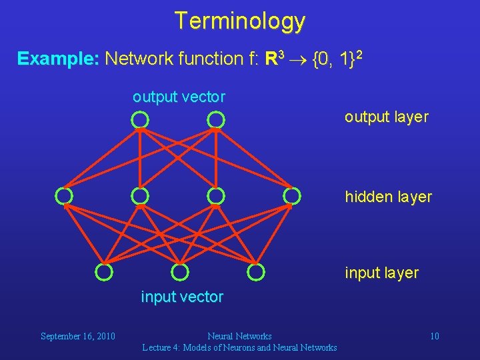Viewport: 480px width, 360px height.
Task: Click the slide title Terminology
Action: (x=240, y=21)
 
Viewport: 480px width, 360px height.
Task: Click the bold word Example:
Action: (x=59, y=59)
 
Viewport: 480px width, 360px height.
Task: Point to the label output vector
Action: (x=179, y=97)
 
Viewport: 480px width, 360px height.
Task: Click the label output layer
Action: (x=386, y=117)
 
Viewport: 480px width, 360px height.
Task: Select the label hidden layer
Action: (x=388, y=197)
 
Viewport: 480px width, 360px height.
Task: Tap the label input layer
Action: (x=381, y=273)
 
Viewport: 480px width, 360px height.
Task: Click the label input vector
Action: (x=182, y=297)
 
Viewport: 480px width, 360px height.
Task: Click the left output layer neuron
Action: (x=139, y=120)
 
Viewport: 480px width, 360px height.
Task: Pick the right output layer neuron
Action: (x=215, y=120)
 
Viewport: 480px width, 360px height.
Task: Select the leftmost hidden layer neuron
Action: (x=63, y=196)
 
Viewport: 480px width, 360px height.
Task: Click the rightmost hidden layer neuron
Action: (x=291, y=196)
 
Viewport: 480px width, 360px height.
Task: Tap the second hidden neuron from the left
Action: (x=139, y=196)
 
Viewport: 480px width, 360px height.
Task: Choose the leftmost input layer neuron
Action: (x=103, y=272)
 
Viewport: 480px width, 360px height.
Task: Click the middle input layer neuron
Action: (x=179, y=272)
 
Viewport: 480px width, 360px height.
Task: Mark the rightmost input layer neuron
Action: (x=255, y=272)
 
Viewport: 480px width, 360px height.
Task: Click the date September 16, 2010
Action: (x=78, y=336)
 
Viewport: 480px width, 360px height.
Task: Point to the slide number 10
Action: (x=434, y=336)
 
